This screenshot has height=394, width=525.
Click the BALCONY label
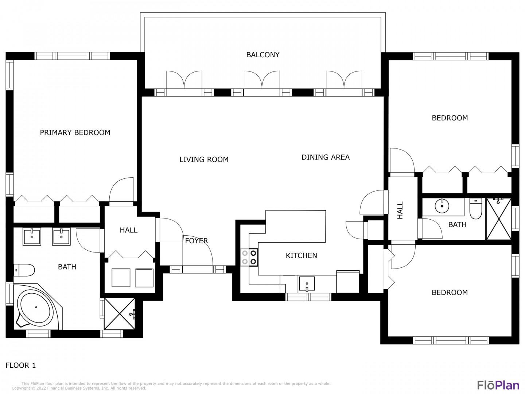point(262,55)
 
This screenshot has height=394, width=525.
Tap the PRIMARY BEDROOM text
point(75,132)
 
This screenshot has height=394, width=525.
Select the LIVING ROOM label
point(204,159)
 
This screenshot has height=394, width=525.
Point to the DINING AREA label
point(325,157)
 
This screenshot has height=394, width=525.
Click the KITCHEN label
point(301,255)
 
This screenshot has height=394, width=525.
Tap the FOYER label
point(197,241)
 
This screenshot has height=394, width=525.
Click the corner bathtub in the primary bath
point(38,307)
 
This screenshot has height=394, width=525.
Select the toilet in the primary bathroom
point(24,270)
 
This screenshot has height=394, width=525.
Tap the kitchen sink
point(307,284)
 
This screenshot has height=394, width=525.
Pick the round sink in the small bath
point(442,206)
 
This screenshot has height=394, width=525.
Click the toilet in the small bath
point(475,209)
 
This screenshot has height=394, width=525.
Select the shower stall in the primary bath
point(120,314)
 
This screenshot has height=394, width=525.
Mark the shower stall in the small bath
point(499,219)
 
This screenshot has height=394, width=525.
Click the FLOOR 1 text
point(20,365)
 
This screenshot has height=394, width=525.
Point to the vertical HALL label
point(400,210)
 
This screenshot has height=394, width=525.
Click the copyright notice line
point(79,388)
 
